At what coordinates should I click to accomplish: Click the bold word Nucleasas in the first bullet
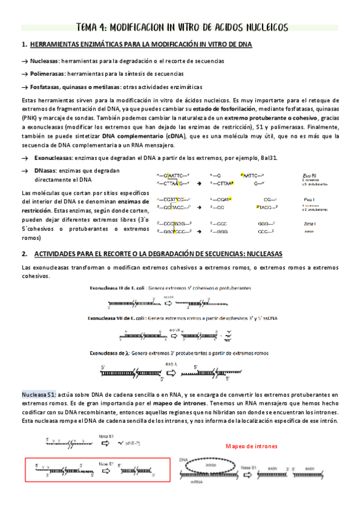pos(44,61)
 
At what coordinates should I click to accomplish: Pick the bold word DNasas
pos(44,170)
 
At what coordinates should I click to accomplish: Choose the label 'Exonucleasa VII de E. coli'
pos(117,318)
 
